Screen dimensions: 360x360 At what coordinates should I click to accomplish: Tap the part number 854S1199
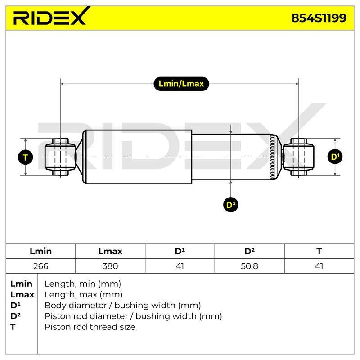[x=319, y=18]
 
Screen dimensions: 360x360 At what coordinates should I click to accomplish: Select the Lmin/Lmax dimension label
[x=181, y=84]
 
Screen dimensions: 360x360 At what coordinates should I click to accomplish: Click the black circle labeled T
[x=26, y=157]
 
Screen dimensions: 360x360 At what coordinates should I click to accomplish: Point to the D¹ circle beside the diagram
[x=335, y=157]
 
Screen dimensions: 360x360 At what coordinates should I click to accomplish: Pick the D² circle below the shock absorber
[x=231, y=205]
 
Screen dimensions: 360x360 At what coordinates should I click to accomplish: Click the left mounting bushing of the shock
[x=60, y=157]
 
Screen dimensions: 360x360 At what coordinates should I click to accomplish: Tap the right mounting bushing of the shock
[x=298, y=157]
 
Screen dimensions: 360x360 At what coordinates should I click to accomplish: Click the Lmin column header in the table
[x=40, y=251]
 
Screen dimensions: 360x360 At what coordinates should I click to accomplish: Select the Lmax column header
[x=110, y=251]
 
